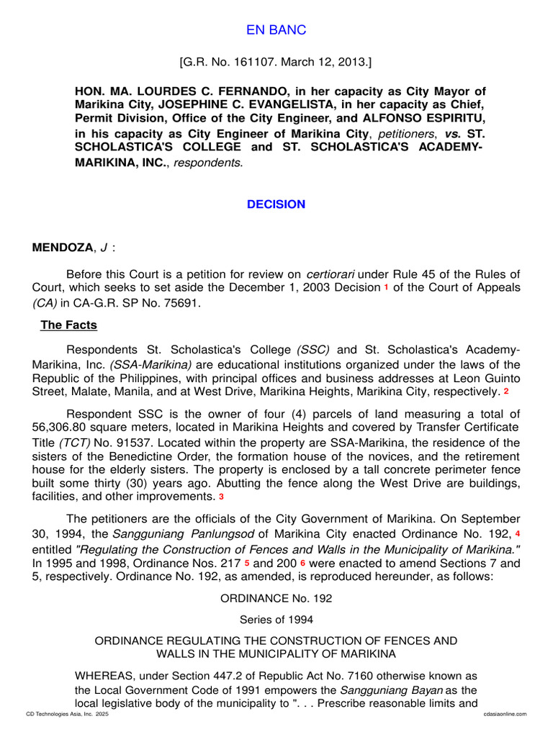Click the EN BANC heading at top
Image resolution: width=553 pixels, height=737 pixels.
[x=276, y=30]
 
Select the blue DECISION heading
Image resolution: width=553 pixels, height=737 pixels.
[x=276, y=204]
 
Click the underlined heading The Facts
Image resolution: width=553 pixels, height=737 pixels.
[x=68, y=325]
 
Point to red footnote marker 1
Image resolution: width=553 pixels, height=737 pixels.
[x=385, y=288]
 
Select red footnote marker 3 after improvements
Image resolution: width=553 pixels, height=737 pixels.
[x=222, y=497]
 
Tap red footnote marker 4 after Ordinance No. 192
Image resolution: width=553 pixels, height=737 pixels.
[x=518, y=533]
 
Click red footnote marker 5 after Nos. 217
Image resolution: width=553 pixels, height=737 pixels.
[x=247, y=562]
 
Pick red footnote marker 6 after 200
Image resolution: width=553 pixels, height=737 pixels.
[x=303, y=562]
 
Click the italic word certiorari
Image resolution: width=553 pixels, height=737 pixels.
[x=331, y=274]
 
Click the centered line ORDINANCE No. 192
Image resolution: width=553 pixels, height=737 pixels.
[x=276, y=599]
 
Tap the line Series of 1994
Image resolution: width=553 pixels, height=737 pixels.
[x=276, y=619]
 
